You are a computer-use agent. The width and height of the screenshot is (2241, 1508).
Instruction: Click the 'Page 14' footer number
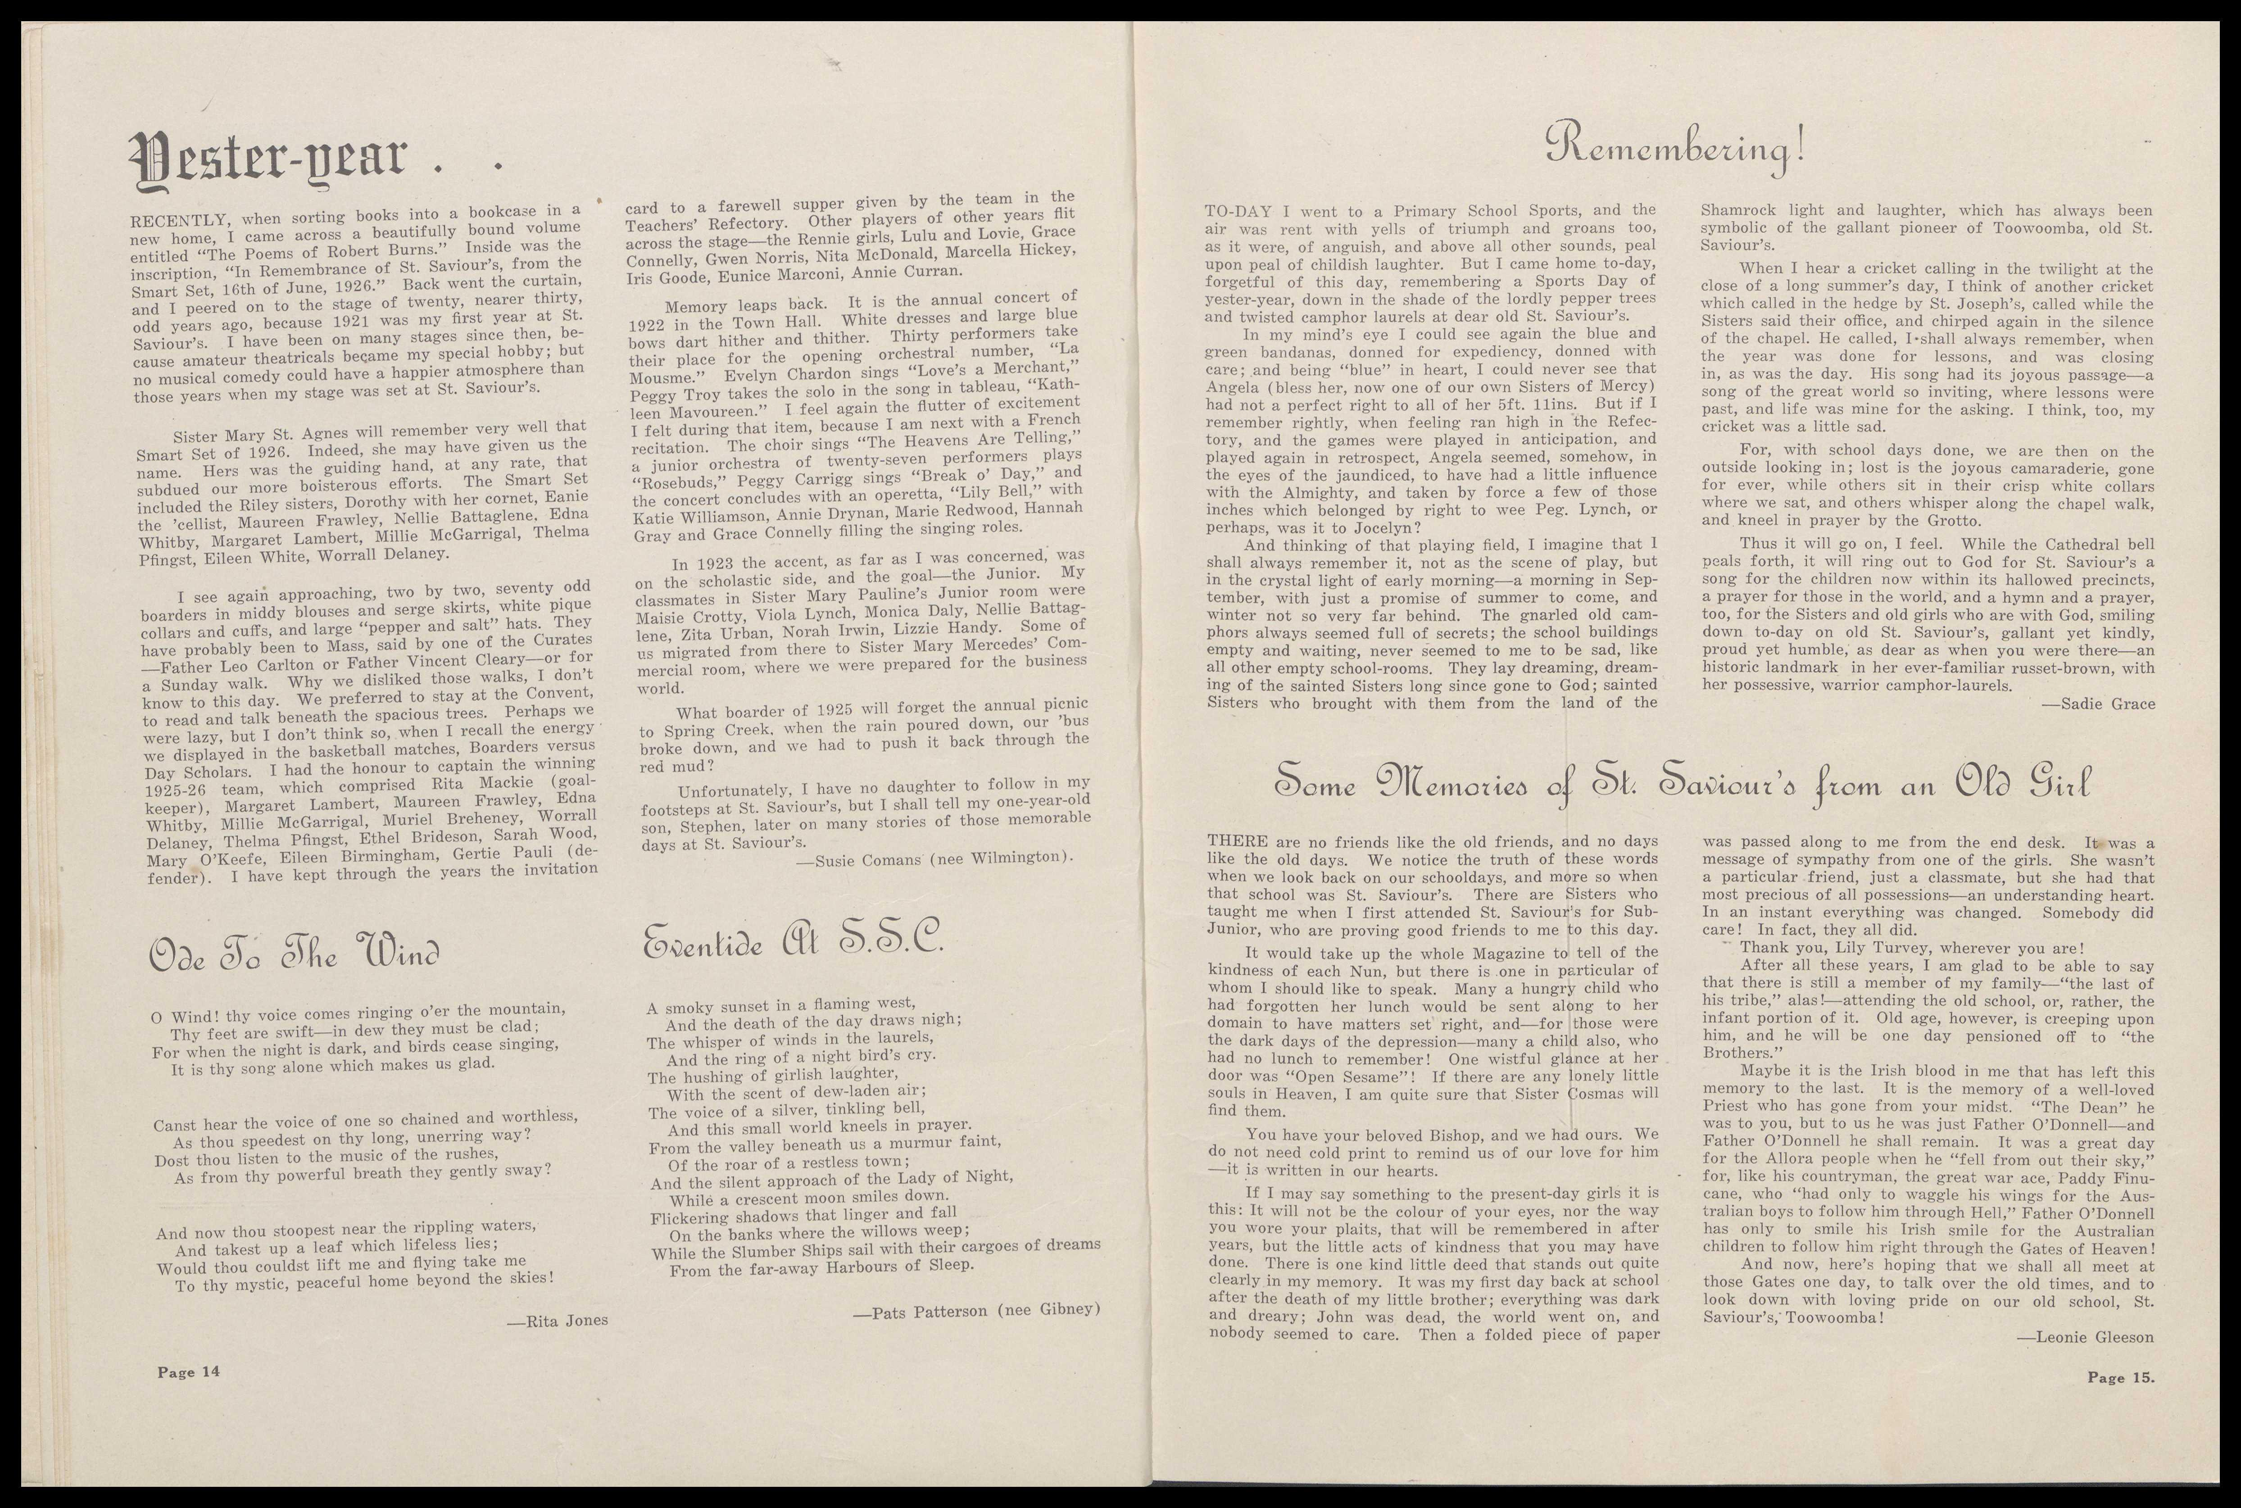pos(188,1372)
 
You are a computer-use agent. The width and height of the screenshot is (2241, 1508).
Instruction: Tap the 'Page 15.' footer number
pos(2121,1377)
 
